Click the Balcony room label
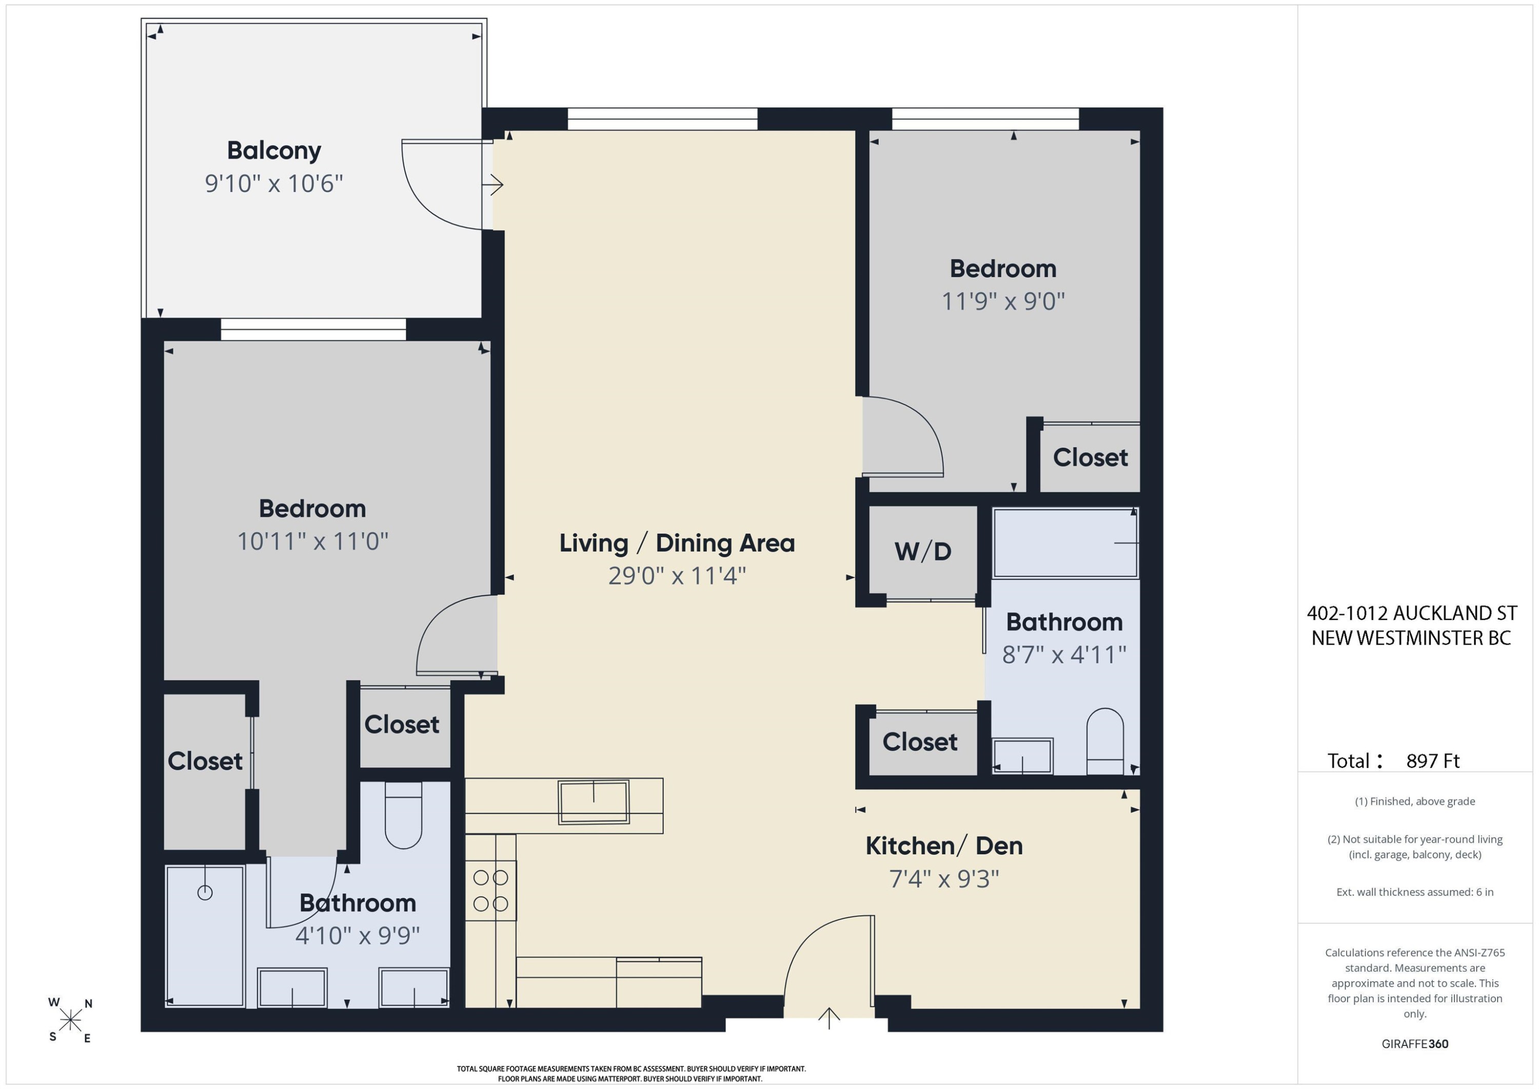[273, 151]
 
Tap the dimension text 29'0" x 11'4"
[677, 576]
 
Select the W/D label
[923, 551]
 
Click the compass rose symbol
[70, 1020]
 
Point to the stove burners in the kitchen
[490, 890]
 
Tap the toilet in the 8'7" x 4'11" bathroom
[1104, 742]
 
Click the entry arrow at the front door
[829, 1018]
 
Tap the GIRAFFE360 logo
[1415, 1044]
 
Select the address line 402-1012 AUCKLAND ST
[1412, 613]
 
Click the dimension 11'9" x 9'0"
[1003, 302]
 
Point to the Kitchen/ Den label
[944, 846]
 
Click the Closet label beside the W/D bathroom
[920, 742]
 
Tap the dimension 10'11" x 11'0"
[313, 541]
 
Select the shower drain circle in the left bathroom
[205, 892]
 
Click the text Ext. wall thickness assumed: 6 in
[1415, 892]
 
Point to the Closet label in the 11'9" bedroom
[1091, 457]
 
